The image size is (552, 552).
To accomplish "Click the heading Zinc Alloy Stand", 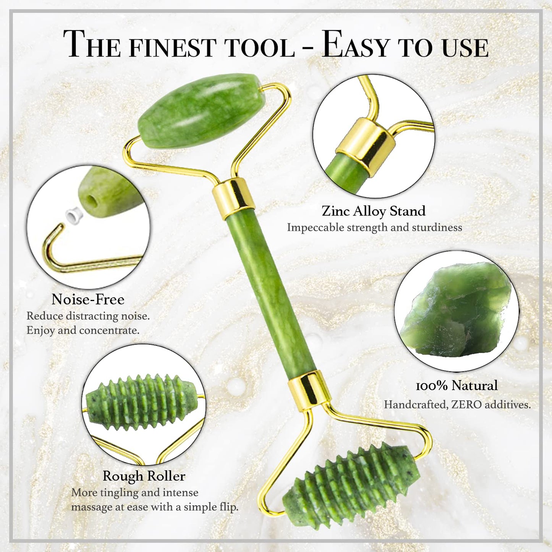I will coord(373,211).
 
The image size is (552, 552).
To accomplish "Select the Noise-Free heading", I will coord(88,299).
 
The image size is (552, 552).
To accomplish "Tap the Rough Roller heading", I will coord(144,476).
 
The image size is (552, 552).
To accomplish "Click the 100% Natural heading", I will coord(456,385).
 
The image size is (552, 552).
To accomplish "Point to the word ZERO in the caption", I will coord(466,405).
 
